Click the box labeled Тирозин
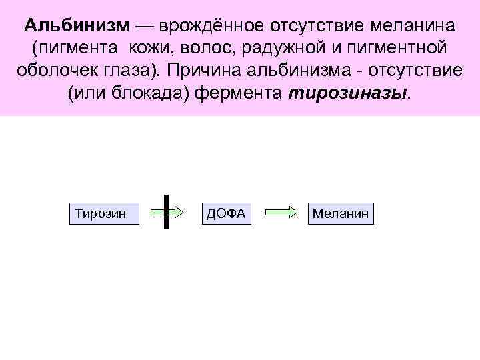coord(104,213)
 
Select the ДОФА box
coord(227,213)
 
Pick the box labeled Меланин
coord(341,213)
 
